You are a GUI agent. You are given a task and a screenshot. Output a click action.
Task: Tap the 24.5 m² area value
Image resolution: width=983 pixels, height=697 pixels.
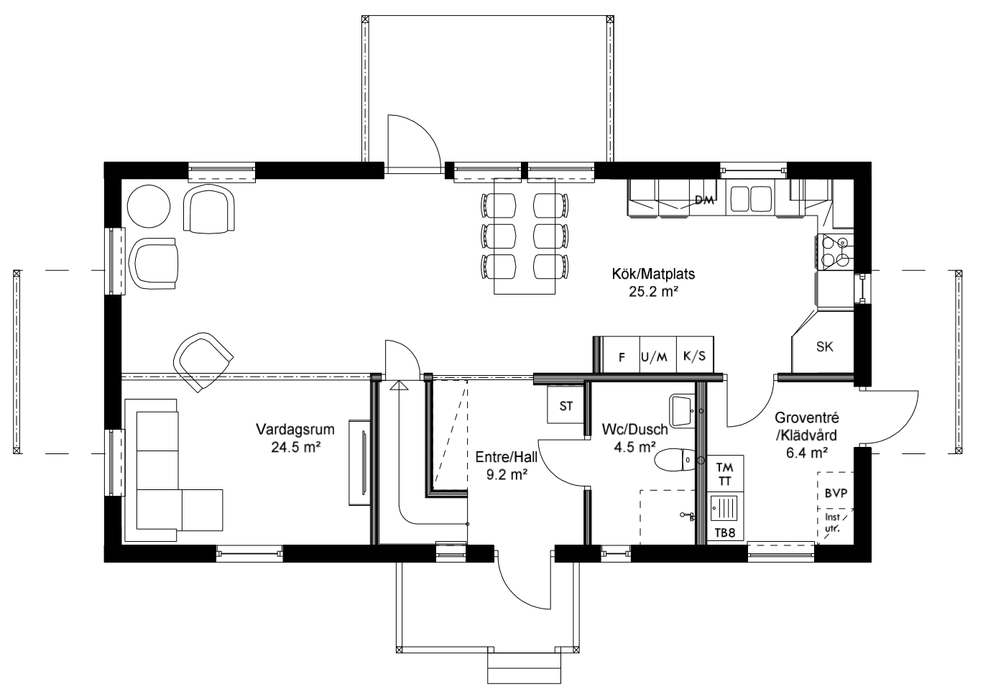(295, 446)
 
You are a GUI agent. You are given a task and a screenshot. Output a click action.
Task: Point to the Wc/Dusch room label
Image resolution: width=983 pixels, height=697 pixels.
(634, 430)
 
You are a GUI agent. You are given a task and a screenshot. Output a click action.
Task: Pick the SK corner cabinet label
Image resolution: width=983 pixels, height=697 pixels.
(824, 347)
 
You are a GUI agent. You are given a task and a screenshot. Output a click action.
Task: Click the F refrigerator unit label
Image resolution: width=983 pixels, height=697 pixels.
(622, 356)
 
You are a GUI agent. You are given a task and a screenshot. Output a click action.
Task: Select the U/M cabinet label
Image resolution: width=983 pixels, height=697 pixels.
(654, 356)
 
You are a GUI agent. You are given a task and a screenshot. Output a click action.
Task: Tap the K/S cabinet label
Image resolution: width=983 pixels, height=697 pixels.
(694, 356)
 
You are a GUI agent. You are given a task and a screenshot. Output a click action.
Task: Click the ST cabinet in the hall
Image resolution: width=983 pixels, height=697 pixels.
(566, 406)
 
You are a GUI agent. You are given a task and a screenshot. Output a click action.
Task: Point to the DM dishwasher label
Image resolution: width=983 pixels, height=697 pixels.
(704, 200)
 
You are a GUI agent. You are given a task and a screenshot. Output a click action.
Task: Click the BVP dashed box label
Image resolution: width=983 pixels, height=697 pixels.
(836, 494)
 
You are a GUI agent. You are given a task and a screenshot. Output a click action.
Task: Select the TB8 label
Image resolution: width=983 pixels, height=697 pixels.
(725, 532)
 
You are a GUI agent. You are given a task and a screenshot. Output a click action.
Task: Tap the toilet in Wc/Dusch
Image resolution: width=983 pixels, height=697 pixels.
(676, 460)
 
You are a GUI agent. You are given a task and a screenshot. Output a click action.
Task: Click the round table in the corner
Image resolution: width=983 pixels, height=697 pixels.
(149, 206)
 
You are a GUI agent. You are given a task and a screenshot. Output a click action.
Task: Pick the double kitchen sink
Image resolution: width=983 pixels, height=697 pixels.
(751, 198)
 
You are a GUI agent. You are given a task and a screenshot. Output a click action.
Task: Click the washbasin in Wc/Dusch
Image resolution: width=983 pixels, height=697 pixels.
(680, 410)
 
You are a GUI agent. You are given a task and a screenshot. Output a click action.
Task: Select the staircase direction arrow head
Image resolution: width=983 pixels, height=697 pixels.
(398, 386)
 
